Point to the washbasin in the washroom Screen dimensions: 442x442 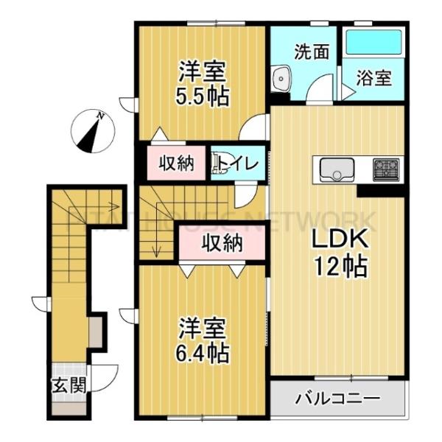281,78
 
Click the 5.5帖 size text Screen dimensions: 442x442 201,96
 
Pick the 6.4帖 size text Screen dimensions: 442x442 201,351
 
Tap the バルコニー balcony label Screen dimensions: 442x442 338,399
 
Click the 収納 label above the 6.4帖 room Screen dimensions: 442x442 222,242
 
